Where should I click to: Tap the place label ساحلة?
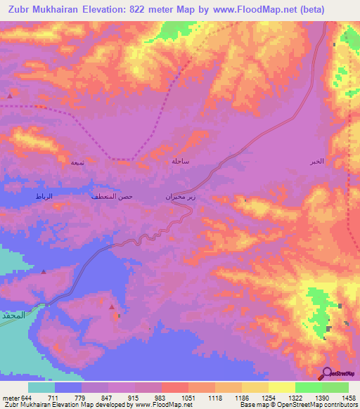[x=181, y=161]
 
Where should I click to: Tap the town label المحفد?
[x=13, y=313]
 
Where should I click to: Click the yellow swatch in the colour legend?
[x=282, y=387]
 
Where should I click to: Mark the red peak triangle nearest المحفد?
[x=43, y=271]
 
